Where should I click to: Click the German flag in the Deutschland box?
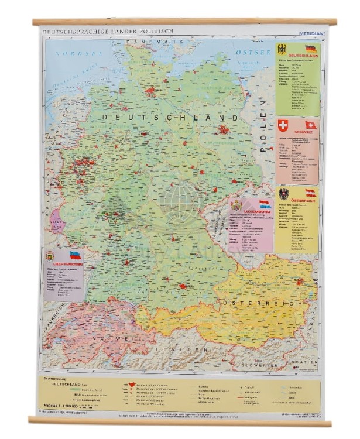310,48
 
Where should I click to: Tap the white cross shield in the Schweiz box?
283,125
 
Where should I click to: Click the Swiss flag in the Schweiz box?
311,125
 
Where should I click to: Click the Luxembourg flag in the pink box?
265,204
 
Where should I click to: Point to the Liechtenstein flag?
75,255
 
